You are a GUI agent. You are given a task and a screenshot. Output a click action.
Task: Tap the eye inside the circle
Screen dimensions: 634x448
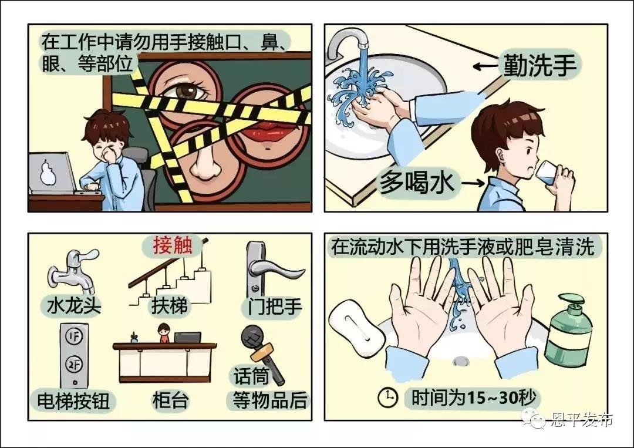[187, 90]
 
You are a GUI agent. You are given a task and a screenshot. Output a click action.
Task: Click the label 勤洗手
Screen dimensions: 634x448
[539, 65]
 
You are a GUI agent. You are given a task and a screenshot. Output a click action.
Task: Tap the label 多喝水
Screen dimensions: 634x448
[416, 183]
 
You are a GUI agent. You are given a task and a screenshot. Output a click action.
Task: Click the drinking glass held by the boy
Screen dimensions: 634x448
[551, 176]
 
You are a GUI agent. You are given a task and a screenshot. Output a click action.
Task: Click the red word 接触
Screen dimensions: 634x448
[172, 245]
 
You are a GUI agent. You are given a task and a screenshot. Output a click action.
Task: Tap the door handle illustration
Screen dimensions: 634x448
[269, 268]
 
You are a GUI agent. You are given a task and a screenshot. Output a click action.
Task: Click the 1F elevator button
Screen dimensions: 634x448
[74, 336]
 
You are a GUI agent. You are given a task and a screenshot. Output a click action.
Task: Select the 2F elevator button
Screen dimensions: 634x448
[74, 365]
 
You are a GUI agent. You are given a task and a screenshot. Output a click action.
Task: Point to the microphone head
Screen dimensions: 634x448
[252, 336]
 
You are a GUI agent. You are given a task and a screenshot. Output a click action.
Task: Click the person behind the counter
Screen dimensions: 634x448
[163, 332]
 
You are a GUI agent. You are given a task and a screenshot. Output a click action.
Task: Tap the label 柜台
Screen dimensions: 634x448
[170, 400]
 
